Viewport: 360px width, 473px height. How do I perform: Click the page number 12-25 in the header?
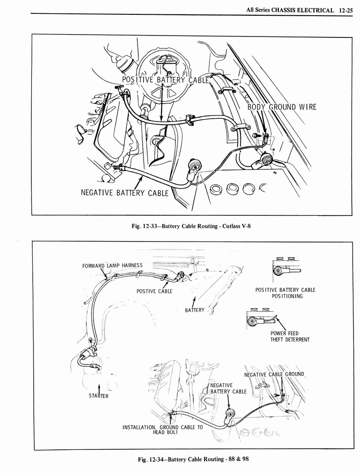tap(345, 9)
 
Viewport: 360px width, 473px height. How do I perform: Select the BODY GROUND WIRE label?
tap(282, 107)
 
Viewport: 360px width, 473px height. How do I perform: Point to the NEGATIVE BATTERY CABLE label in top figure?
tap(125, 193)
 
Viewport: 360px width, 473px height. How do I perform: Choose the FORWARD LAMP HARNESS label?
tap(112, 266)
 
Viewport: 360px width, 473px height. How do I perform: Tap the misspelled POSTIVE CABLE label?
tap(154, 291)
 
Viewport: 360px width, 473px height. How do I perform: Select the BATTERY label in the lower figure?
tap(194, 310)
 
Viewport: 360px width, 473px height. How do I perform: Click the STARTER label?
tap(99, 396)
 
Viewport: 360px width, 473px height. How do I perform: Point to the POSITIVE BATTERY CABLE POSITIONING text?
tap(285, 293)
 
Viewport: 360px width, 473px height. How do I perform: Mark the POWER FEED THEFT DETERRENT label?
tap(290, 336)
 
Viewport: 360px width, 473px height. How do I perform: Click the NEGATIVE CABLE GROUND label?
tap(274, 374)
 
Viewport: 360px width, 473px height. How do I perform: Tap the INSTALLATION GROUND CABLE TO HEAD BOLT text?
tap(162, 430)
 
